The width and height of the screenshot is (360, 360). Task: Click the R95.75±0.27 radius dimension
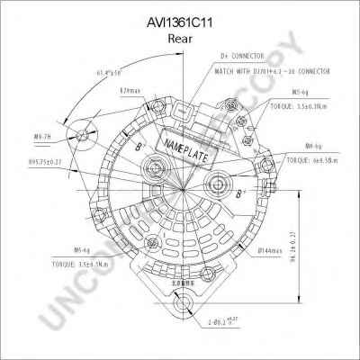[51, 159]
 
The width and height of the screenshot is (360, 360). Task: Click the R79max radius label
[130, 91]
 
